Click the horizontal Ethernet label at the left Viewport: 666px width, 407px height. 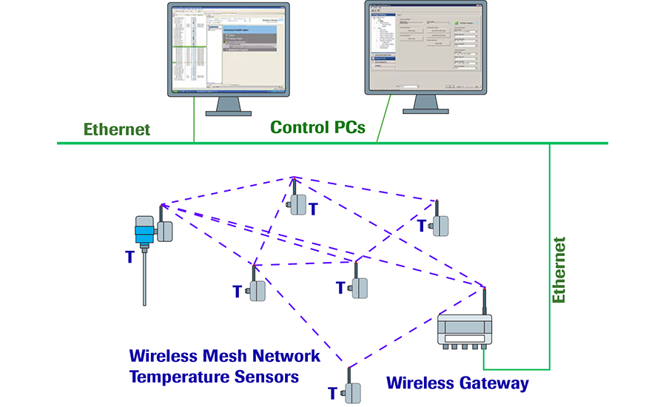(117, 129)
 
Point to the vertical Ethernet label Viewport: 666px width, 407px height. (560, 270)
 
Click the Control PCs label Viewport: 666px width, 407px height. (317, 127)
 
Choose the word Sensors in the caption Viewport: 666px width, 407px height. (269, 377)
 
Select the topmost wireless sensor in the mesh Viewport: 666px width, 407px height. (297, 203)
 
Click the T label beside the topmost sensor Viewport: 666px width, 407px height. (313, 209)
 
